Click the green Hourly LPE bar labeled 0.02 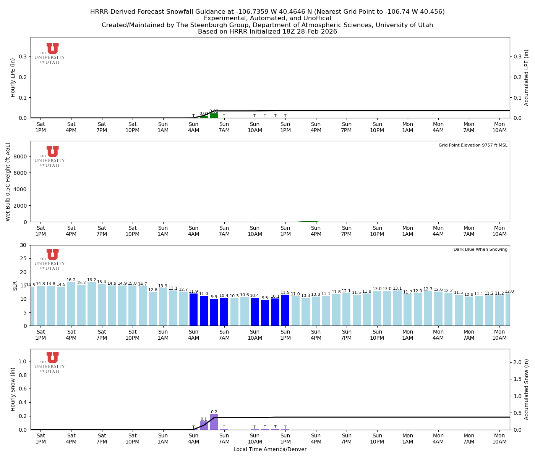pos(214,116)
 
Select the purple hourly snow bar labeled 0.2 pos(214,422)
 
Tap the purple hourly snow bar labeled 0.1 pos(204,426)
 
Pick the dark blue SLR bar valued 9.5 pos(265,313)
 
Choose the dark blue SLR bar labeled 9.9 pos(214,312)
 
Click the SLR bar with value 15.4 pos(102,305)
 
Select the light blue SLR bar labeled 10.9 pos(469,311)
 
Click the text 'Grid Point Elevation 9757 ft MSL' pos(473,145)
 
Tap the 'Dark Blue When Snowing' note pos(480,250)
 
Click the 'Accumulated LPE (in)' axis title pos(527,77)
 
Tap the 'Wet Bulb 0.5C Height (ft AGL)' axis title pos(8,182)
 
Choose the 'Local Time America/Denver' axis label pos(270,450)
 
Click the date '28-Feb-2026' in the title pos(317,32)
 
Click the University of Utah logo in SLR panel pos(50,260)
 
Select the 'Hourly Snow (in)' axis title pos(13,389)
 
